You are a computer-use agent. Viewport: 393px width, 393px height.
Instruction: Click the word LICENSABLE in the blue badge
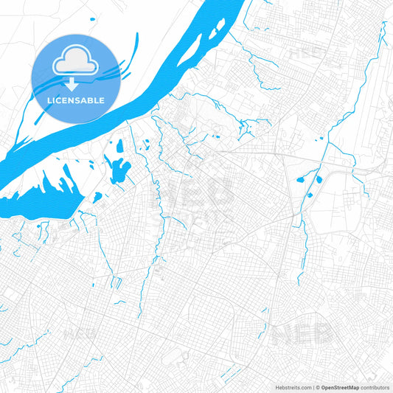click(74, 100)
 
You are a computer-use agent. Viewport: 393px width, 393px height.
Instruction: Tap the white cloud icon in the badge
click(74, 61)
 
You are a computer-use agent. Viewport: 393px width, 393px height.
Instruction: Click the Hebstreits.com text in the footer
click(291, 387)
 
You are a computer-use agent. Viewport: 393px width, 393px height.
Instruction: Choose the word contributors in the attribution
click(375, 387)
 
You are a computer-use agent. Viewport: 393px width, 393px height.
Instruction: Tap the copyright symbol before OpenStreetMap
click(318, 387)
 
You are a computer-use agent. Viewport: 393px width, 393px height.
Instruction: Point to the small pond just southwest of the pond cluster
click(97, 197)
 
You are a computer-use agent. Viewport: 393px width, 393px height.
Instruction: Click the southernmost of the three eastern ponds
click(310, 195)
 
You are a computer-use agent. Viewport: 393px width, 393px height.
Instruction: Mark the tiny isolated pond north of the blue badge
click(91, 20)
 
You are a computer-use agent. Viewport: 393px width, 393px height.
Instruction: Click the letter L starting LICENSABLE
click(47, 100)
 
